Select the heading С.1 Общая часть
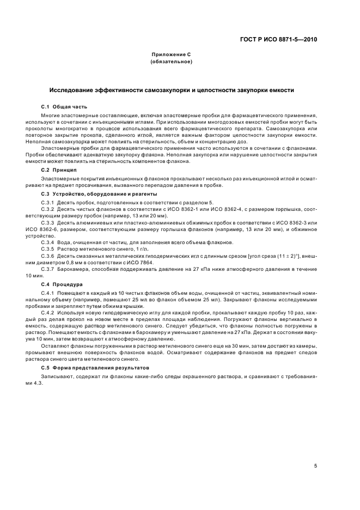[64, 106]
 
